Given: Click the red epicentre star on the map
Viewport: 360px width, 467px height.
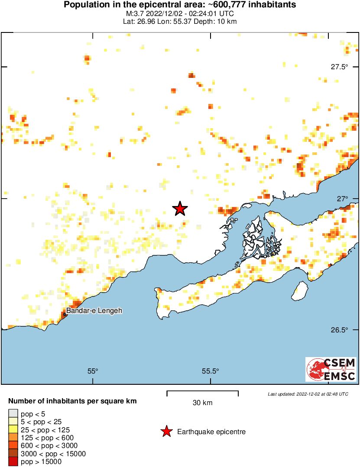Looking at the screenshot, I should click(x=180, y=209).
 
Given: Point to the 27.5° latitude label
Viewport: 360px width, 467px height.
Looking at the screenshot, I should click(x=339, y=67).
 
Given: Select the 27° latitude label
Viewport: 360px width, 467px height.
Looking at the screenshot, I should click(x=343, y=199).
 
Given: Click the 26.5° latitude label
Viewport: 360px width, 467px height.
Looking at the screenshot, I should click(x=339, y=330).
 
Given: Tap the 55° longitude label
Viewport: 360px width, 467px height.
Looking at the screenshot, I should click(x=93, y=371).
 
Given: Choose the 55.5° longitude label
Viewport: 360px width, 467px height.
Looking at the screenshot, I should click(x=211, y=371).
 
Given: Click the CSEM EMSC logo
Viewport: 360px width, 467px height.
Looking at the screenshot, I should click(x=331, y=369).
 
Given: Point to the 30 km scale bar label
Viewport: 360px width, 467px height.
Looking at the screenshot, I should click(x=202, y=403).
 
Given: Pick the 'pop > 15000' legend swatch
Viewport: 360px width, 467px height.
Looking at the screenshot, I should click(x=13, y=462).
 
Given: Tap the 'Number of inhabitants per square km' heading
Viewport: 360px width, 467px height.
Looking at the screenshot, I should click(x=72, y=401).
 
